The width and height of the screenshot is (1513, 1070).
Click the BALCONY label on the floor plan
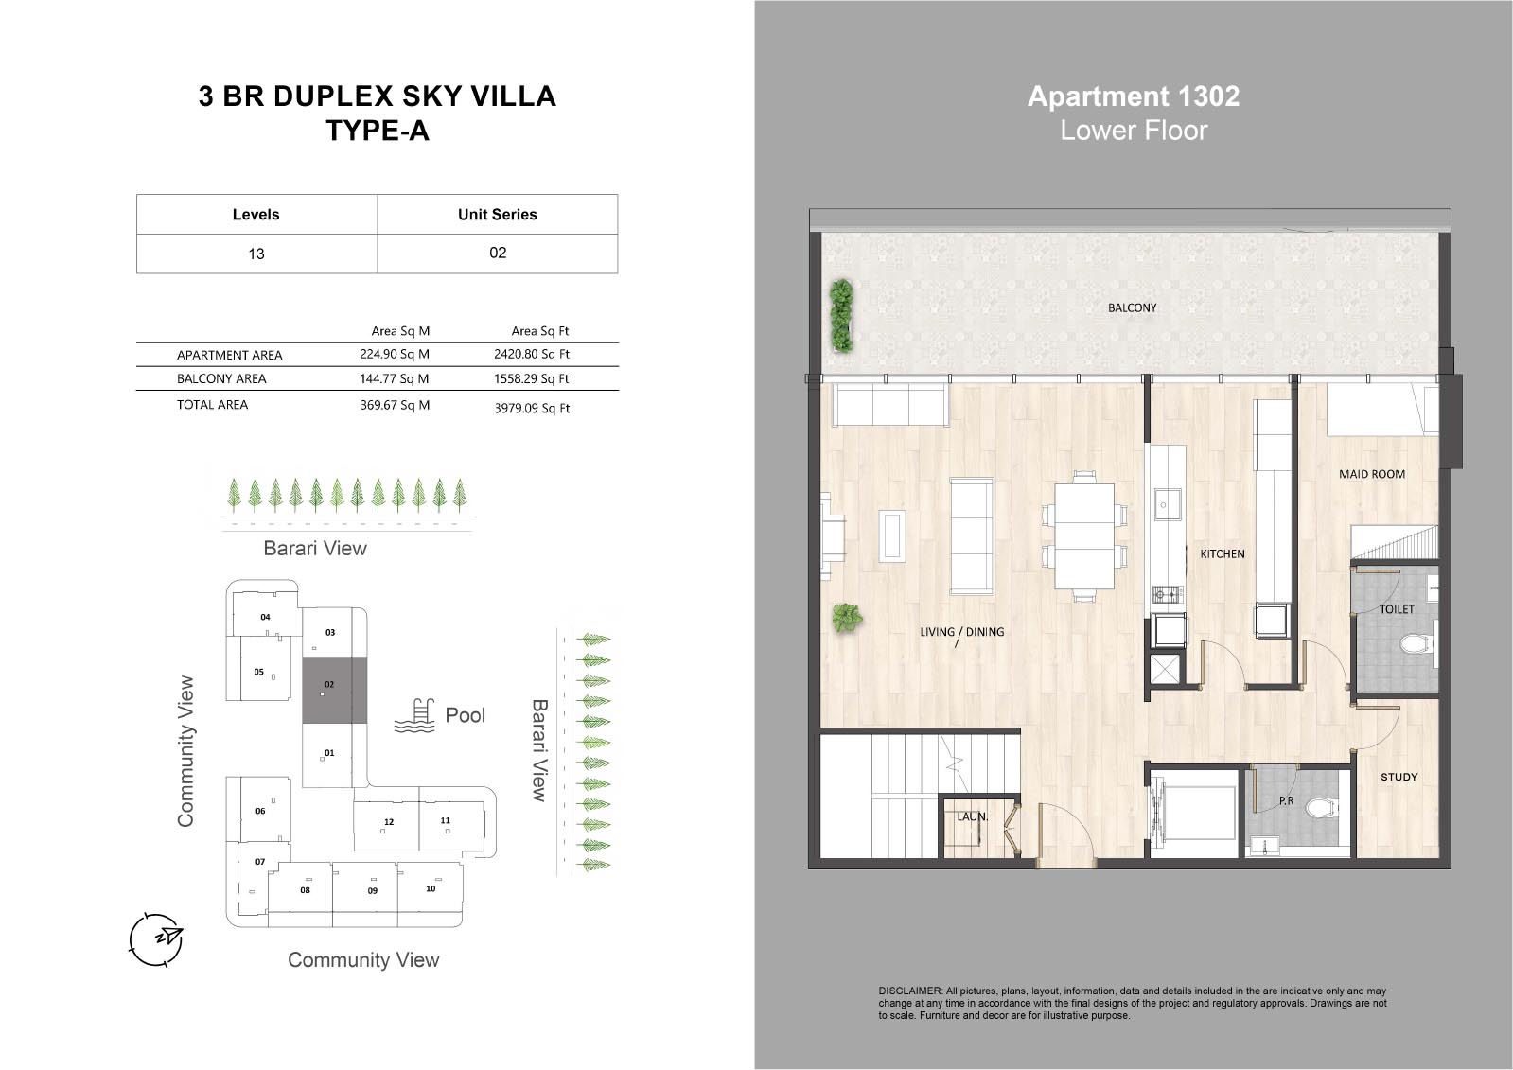click(1132, 308)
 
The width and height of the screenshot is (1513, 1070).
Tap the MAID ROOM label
click(1372, 474)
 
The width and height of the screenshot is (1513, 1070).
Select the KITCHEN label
click(1222, 553)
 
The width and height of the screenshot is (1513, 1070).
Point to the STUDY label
click(1399, 777)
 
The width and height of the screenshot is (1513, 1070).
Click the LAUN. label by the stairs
click(972, 816)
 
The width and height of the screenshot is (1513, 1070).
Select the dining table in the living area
click(1084, 536)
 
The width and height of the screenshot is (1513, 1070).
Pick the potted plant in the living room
click(847, 618)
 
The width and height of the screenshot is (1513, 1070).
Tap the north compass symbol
click(156, 939)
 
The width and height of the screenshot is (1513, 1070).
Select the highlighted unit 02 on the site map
click(334, 691)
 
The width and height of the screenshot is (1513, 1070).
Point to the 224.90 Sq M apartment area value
click(395, 354)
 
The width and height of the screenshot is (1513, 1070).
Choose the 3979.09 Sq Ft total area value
click(533, 408)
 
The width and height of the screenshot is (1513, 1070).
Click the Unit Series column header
click(498, 215)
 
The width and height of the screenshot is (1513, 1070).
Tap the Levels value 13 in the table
click(256, 254)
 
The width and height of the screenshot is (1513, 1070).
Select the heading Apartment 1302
click(1134, 96)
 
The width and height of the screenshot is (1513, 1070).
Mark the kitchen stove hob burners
click(1168, 595)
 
